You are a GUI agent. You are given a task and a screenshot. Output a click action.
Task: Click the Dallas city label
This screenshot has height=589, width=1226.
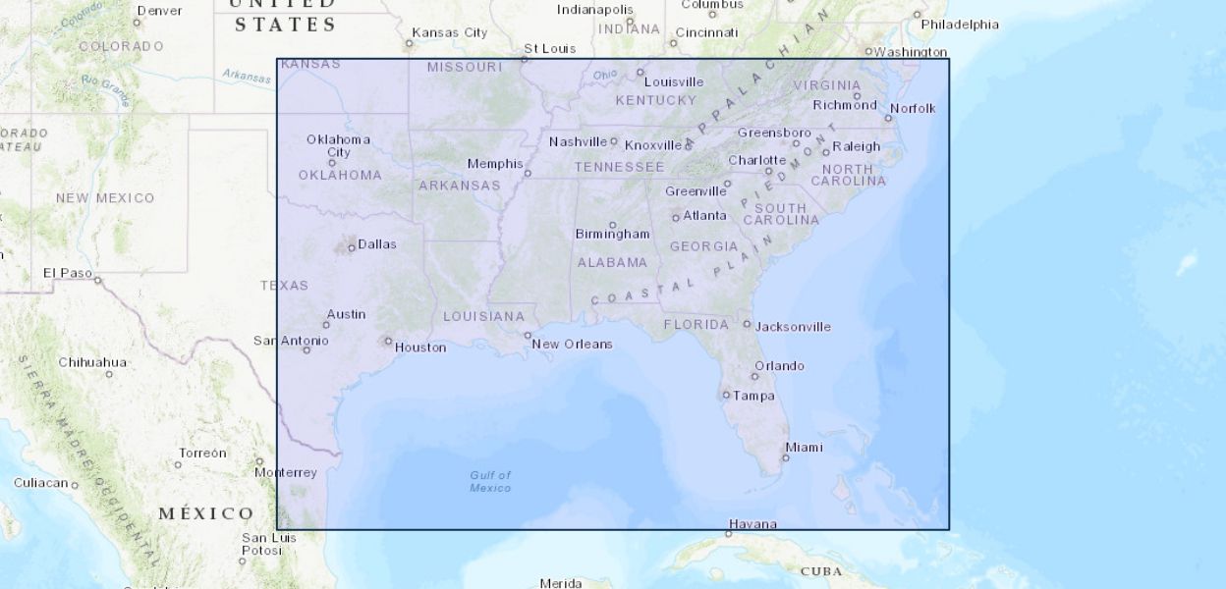[x=377, y=244]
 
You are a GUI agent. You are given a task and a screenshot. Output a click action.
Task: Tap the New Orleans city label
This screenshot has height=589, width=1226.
[x=573, y=345]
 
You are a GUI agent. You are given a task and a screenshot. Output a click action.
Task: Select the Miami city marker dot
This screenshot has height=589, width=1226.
[x=786, y=457]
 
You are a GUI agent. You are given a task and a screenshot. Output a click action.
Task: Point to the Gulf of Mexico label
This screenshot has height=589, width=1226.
[x=490, y=481]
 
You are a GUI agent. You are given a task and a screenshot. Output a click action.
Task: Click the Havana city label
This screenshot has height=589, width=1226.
[x=753, y=524]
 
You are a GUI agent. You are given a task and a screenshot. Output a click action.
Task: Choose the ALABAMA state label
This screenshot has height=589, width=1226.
[x=612, y=263]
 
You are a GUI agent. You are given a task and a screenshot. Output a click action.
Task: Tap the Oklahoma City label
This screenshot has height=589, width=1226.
[x=338, y=145]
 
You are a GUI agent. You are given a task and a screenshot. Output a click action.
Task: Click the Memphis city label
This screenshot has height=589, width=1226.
[x=495, y=164]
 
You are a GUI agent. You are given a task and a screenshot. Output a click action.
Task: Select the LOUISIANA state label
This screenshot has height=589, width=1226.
[x=483, y=316]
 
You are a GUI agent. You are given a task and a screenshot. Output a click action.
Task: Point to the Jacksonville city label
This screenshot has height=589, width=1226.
[x=793, y=327]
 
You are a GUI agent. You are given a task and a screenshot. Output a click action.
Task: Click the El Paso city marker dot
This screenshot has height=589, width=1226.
[x=97, y=281]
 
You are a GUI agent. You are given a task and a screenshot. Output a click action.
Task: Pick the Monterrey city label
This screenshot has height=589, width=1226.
[x=286, y=473]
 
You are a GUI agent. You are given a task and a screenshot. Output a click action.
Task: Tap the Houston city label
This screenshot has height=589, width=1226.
[x=420, y=348]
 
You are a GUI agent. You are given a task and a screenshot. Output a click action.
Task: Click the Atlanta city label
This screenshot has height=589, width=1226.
[x=705, y=216]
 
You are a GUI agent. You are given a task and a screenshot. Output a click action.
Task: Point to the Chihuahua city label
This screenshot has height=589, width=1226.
[x=92, y=362]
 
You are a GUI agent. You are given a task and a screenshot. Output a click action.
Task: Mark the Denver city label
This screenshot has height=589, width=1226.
[x=159, y=11]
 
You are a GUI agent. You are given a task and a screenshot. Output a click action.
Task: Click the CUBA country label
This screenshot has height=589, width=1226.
[x=821, y=571]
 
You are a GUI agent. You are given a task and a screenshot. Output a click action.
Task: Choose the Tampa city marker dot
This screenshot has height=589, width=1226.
[x=726, y=396]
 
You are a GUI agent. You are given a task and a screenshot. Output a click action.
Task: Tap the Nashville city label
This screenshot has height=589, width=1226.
[x=579, y=142]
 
